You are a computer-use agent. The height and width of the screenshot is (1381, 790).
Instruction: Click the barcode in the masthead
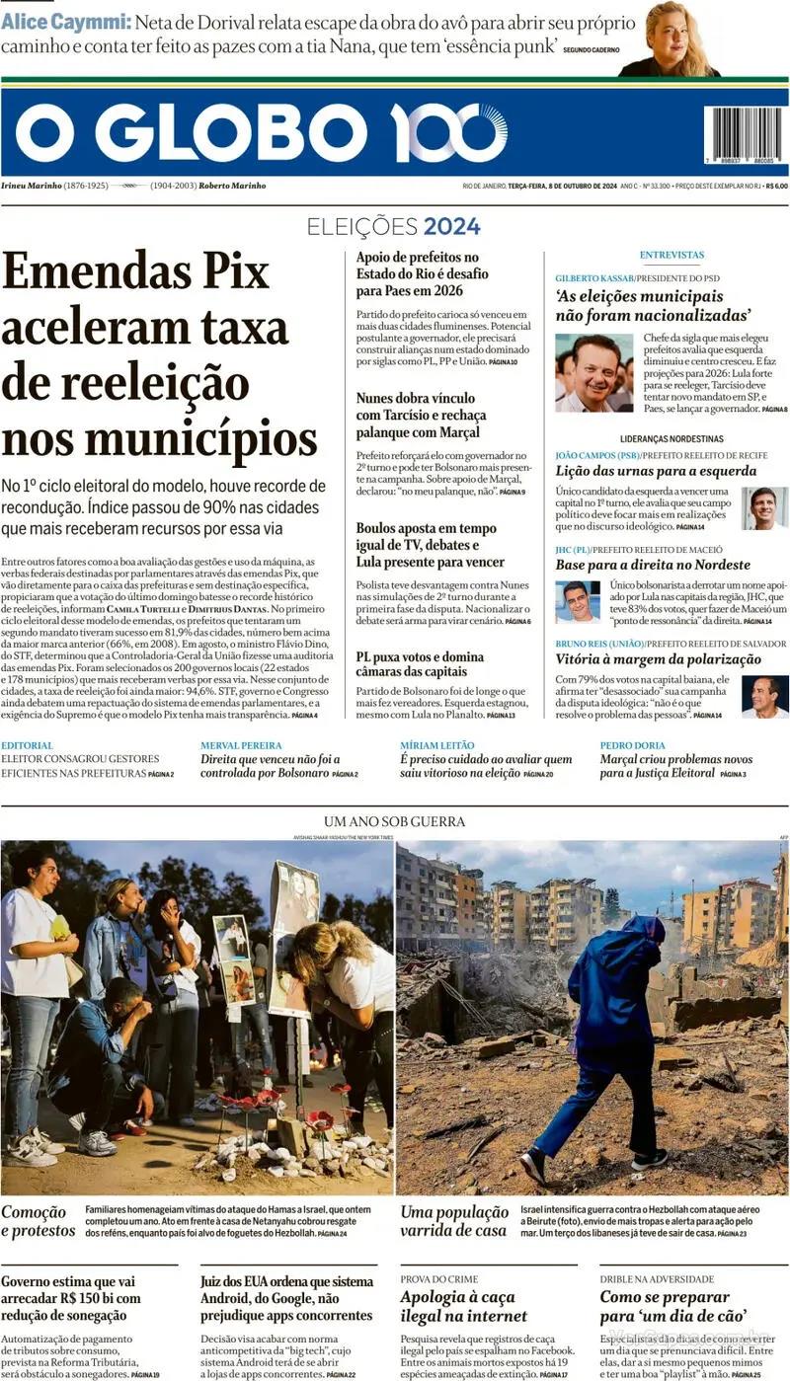pos(743,134)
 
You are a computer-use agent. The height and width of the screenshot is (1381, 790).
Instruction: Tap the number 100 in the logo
pos(448,133)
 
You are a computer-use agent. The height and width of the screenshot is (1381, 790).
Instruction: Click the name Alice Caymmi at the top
pos(65,21)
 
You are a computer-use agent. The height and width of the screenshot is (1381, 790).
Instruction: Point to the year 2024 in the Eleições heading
pos(452,226)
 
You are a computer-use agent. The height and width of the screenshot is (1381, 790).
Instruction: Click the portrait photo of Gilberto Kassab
pos(593,372)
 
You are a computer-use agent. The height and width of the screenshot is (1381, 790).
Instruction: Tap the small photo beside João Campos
pos(764,508)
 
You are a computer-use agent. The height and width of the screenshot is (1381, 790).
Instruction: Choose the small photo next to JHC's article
pos(577,601)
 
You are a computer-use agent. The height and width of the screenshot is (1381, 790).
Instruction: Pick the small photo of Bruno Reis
pos(764,696)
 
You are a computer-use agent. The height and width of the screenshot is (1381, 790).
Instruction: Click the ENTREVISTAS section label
pos(671,255)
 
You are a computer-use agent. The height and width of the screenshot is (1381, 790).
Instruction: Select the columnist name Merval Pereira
pos(241,745)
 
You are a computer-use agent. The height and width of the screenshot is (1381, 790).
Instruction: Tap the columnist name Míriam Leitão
pos(436,745)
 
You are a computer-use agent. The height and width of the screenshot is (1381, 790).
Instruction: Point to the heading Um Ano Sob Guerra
pos(394,821)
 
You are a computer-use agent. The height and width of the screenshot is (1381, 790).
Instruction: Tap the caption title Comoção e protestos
pos(38,1221)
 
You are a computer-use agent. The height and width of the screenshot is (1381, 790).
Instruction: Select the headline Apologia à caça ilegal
pos(463,1306)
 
